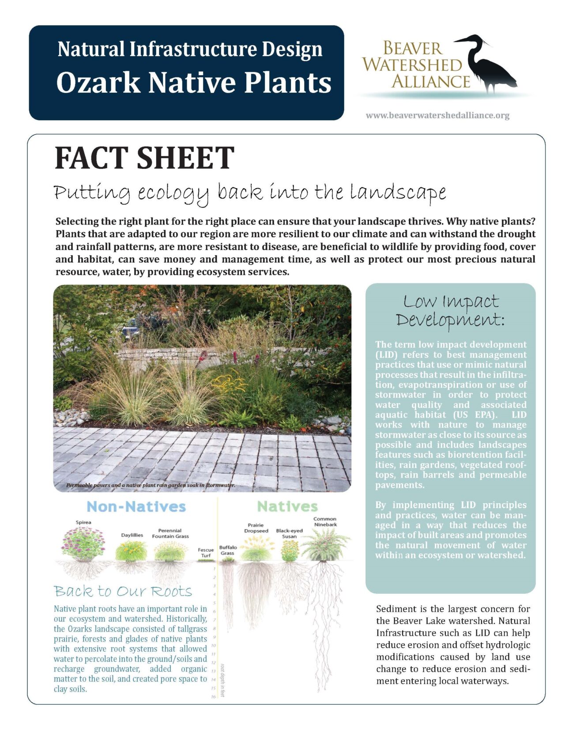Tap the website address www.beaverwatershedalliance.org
(x=437, y=116)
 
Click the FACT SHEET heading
(x=144, y=158)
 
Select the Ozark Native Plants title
(x=194, y=83)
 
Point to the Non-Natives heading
(x=136, y=506)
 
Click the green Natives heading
(x=287, y=506)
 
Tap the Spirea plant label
(x=83, y=522)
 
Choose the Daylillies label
(x=132, y=535)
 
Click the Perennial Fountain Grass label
(x=170, y=533)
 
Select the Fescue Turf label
(x=206, y=553)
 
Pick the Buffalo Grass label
(x=228, y=550)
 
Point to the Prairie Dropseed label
(x=256, y=528)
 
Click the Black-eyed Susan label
(x=289, y=533)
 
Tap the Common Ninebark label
(x=325, y=522)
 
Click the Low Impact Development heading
(x=450, y=311)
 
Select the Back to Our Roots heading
(x=123, y=591)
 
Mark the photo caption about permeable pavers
(x=151, y=485)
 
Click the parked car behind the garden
(x=131, y=328)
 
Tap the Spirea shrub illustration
(x=83, y=544)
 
